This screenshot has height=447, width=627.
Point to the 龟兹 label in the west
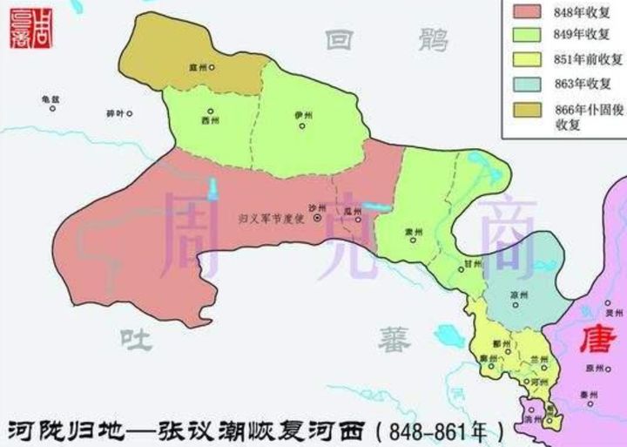click(49, 98)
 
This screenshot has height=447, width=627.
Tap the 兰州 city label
click(538, 359)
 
